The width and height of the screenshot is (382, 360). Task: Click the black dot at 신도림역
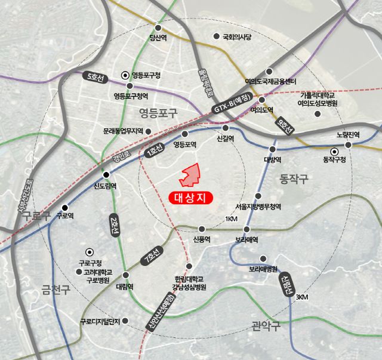click(x=106, y=174)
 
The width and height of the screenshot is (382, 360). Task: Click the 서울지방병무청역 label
click(x=257, y=207)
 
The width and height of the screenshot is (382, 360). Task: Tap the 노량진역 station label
click(x=348, y=135)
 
